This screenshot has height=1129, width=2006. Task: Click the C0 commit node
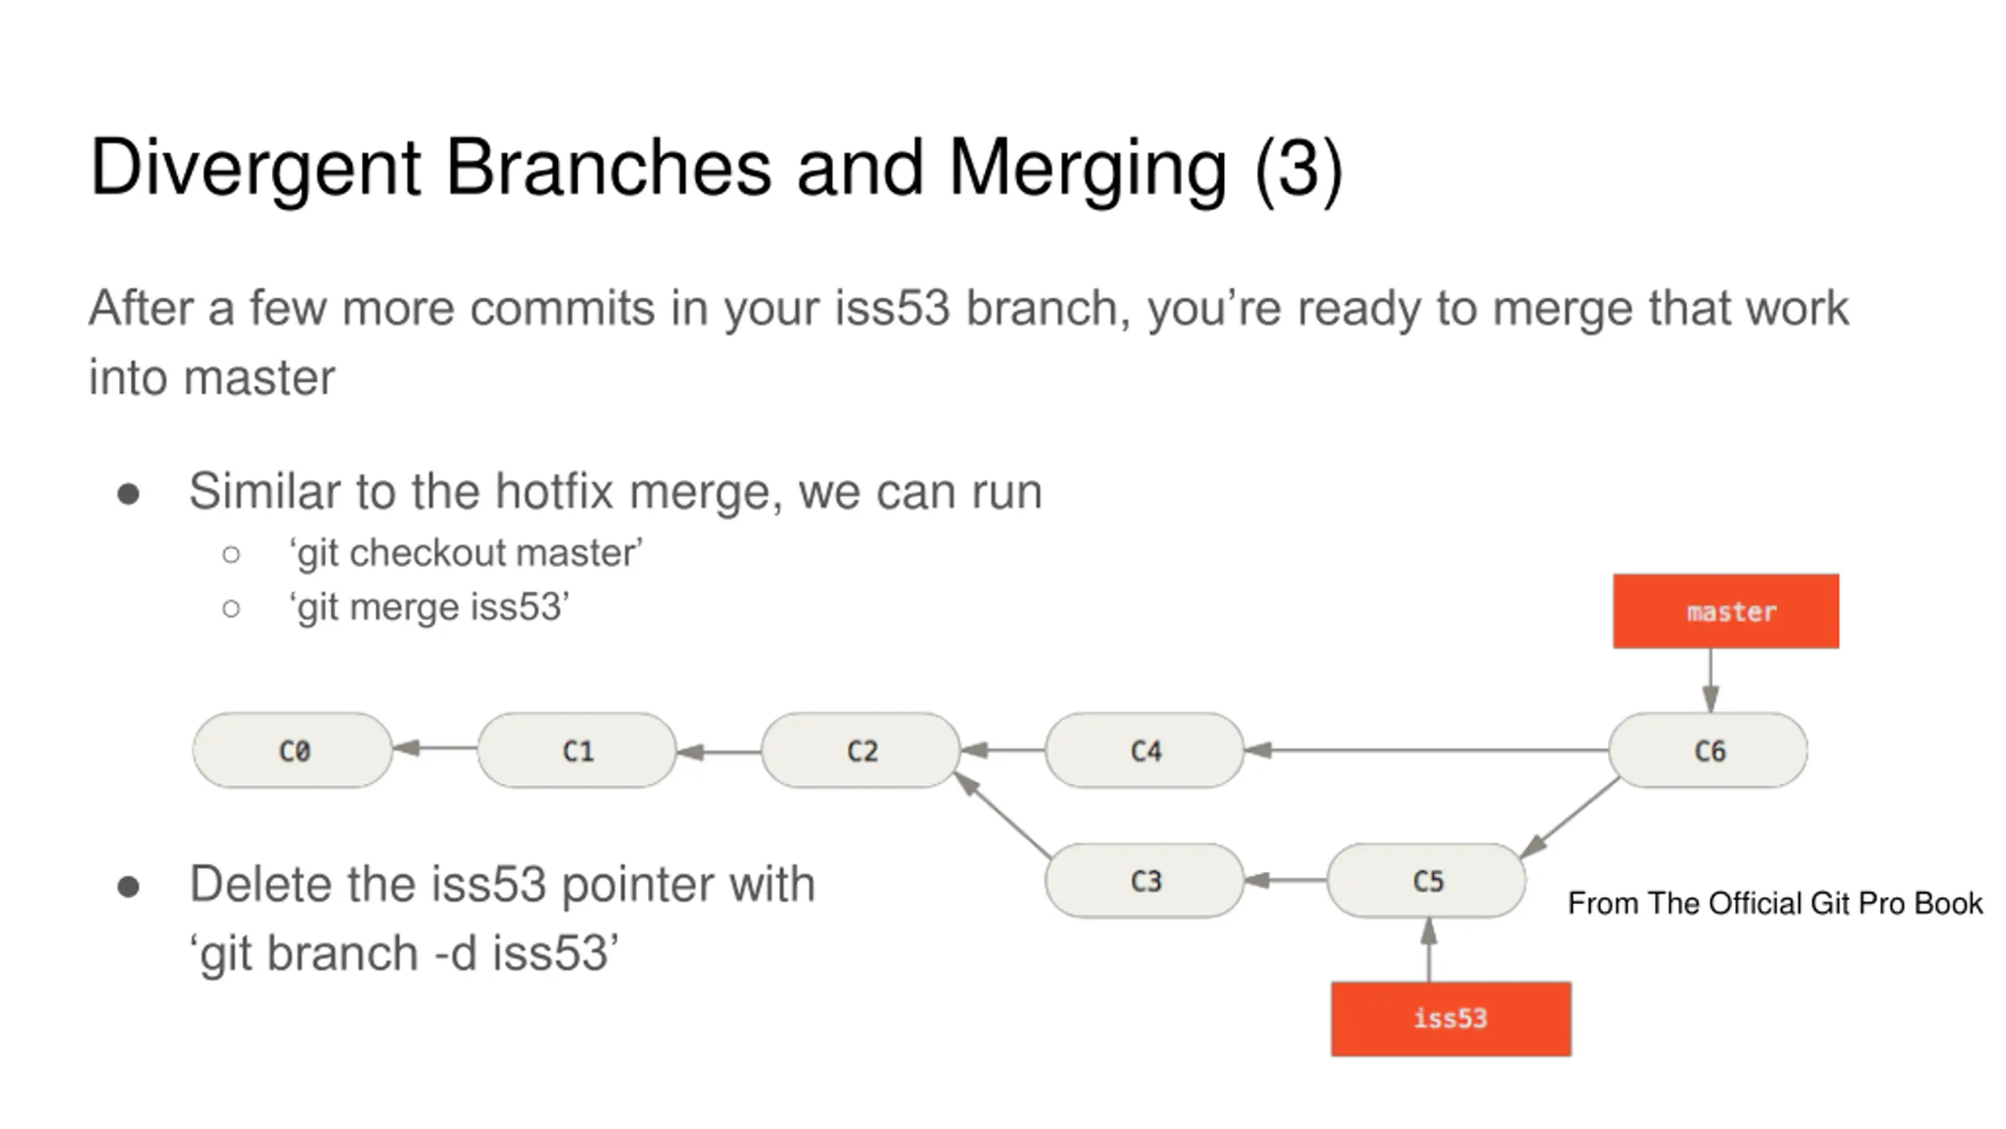point(292,750)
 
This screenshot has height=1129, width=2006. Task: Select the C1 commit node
point(577,750)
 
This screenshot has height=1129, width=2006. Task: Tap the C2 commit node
point(861,750)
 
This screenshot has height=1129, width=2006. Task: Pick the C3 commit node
point(1145,880)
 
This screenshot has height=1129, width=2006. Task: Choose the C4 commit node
point(1145,750)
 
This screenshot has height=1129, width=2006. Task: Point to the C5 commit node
point(1427,880)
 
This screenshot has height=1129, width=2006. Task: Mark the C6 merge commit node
point(1709,750)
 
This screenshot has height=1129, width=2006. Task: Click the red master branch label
point(1726,612)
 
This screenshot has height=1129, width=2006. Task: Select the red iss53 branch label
point(1451,1019)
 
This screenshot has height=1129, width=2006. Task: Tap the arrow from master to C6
point(1711,681)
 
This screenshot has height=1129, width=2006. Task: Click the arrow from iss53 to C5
point(1428,949)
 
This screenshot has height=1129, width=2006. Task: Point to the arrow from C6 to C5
point(1570,817)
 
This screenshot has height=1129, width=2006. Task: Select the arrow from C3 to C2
point(1002,814)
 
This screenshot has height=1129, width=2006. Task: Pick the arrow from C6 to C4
point(1427,750)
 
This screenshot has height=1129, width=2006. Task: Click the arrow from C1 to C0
point(435,748)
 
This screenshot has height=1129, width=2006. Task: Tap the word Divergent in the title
point(255,169)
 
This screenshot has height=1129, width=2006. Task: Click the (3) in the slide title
point(1298,169)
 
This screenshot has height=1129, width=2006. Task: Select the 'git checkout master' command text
point(466,553)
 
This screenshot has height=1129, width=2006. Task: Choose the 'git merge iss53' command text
point(429,608)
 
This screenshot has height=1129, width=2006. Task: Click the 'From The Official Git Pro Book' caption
point(1775,903)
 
